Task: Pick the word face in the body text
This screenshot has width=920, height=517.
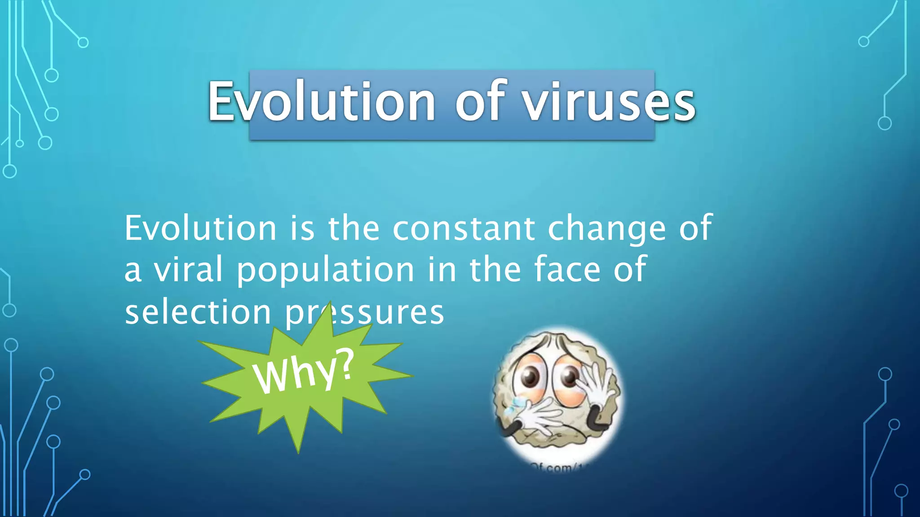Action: [x=567, y=269]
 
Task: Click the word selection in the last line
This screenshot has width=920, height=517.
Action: [x=198, y=311]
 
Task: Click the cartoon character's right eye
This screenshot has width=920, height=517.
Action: [x=570, y=376]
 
